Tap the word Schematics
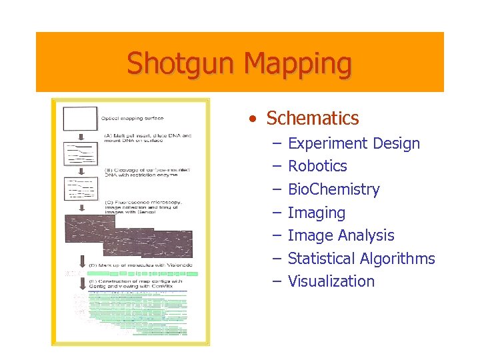coord(312,119)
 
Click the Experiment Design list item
coord(354,143)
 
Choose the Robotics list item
coord(317,166)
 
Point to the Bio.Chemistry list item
coord(333,189)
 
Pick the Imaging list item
coord(316,213)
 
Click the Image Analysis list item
coord(341,235)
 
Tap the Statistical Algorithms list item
coord(361,259)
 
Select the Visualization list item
coord(331,281)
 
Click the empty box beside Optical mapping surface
coord(80,118)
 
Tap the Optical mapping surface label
coord(132,119)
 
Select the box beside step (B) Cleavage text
coord(80,189)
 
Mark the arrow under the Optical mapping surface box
coord(80,136)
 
